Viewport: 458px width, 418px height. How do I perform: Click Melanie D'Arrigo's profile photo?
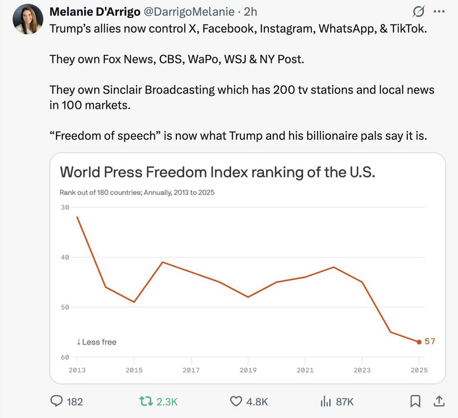28,19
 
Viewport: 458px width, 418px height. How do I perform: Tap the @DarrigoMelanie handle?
187,12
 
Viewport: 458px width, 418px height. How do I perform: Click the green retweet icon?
146,401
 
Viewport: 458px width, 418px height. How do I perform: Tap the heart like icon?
237,401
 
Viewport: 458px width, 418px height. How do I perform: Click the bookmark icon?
415,401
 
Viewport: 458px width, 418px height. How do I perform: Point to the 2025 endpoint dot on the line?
419,342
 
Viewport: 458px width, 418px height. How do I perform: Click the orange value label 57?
430,341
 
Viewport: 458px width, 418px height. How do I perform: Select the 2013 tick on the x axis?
77,370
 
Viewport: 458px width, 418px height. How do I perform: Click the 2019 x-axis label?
248,370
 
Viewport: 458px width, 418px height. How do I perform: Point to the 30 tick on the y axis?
65,207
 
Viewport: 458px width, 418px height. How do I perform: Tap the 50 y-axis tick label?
65,307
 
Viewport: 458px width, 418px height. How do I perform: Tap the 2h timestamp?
250,12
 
